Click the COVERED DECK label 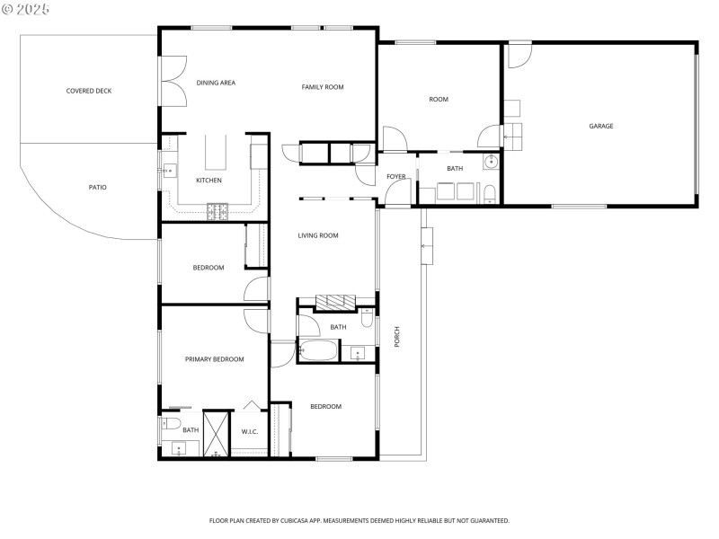click(x=88, y=91)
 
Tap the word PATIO click(x=97, y=187)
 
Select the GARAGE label click(x=600, y=126)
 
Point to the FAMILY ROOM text click(x=322, y=87)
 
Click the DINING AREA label click(x=216, y=83)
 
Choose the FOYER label click(x=395, y=176)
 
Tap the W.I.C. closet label click(x=250, y=432)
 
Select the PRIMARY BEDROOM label click(x=214, y=359)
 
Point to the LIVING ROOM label click(x=318, y=235)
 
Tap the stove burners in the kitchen click(x=218, y=211)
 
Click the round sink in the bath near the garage click(x=491, y=162)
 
